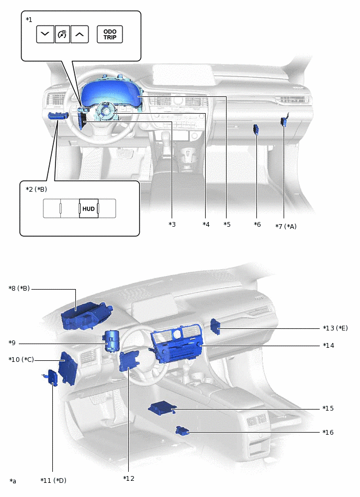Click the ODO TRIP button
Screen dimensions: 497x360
[110, 35]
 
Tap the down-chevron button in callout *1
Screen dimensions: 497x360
[45, 35]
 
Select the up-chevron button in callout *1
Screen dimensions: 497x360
[80, 35]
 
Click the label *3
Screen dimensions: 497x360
[172, 224]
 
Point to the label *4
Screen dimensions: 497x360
[206, 224]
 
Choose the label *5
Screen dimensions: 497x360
[227, 224]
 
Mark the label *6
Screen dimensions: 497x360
[257, 224]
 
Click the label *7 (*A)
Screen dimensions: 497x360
[286, 226]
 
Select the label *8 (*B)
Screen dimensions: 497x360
[19, 289]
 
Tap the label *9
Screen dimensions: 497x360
[12, 343]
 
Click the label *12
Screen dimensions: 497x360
[129, 478]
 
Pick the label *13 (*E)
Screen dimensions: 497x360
[335, 328]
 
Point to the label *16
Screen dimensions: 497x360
[328, 432]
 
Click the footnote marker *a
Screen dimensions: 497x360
[13, 481]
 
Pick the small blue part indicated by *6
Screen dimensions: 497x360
[257, 129]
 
